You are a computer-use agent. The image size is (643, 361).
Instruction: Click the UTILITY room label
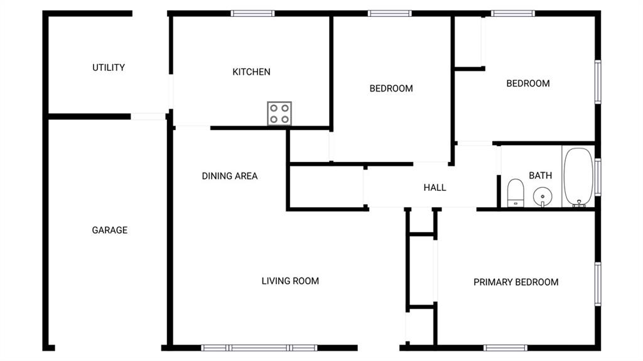(x=109, y=68)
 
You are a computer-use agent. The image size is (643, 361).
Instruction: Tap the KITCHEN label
(x=251, y=72)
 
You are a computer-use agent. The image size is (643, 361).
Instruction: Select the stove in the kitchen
(x=279, y=113)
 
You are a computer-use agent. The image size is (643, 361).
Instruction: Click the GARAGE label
(x=109, y=230)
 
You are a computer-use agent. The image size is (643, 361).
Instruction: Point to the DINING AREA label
(x=230, y=176)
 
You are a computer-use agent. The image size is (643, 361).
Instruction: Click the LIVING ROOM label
(x=290, y=281)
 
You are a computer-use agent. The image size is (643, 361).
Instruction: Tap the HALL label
(x=435, y=188)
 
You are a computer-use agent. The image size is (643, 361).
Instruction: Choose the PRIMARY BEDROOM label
(x=516, y=283)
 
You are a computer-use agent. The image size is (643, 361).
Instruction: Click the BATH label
(x=541, y=176)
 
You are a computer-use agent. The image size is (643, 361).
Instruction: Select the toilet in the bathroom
(x=516, y=193)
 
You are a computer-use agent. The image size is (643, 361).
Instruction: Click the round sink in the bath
(x=543, y=196)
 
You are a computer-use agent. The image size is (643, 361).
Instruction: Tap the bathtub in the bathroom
(x=578, y=177)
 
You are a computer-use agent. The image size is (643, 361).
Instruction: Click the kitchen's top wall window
(x=252, y=14)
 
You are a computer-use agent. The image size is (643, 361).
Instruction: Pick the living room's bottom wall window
(x=259, y=348)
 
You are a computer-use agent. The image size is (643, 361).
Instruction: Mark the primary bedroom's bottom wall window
(x=505, y=348)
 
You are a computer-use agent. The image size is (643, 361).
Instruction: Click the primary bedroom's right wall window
(x=598, y=284)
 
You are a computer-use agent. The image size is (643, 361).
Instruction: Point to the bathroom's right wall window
(x=598, y=177)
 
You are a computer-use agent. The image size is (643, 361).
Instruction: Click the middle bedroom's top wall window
(x=389, y=14)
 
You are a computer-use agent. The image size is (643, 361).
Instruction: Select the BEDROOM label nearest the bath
(x=528, y=84)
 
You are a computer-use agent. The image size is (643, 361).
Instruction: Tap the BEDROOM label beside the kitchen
(x=391, y=89)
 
